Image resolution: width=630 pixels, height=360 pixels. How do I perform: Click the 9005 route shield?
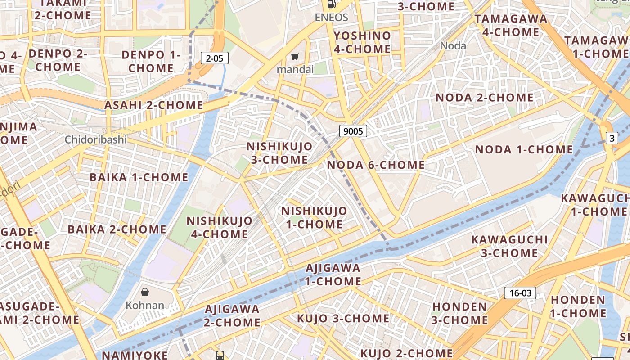(x=353, y=131)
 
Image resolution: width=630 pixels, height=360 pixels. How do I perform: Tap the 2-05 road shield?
(x=215, y=58)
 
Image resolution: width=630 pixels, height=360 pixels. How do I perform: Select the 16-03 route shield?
(x=520, y=293)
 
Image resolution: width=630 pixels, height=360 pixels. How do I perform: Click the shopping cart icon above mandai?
(x=295, y=57)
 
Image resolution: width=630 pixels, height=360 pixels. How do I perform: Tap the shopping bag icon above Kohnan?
(x=145, y=292)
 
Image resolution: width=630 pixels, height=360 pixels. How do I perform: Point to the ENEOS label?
(x=331, y=17)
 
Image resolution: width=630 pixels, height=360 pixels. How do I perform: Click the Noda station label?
(x=453, y=45)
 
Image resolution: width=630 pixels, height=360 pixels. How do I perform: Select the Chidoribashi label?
(x=96, y=139)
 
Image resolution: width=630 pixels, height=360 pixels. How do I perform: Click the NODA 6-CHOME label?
(x=376, y=165)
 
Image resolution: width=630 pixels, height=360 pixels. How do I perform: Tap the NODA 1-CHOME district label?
(x=524, y=149)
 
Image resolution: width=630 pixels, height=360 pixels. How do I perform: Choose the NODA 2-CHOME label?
(x=485, y=98)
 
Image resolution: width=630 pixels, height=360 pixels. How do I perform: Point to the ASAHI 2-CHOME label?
(x=154, y=105)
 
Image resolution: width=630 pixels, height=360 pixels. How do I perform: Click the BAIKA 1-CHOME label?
(x=139, y=177)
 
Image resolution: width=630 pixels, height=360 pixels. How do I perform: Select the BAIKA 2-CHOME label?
(x=117, y=229)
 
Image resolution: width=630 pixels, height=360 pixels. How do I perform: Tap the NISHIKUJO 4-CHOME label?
(x=220, y=227)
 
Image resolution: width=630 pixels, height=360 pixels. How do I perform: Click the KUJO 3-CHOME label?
(x=343, y=318)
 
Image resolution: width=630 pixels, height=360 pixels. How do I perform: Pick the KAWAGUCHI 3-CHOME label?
(x=510, y=246)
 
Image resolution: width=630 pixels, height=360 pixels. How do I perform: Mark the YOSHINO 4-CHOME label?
(x=362, y=42)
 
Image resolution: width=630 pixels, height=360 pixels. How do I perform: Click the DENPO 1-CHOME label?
(x=151, y=62)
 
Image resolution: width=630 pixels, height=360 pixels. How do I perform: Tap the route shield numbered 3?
(x=612, y=139)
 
